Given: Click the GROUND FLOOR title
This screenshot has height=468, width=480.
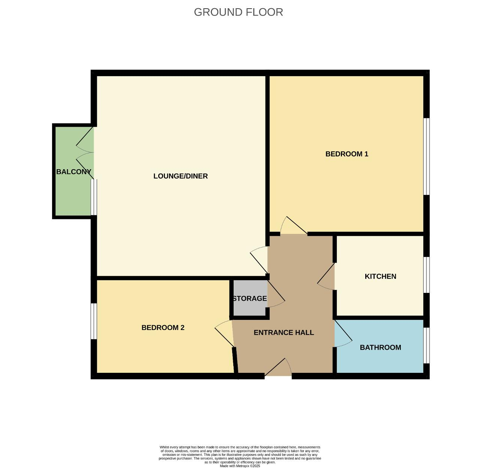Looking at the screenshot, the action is (238, 12).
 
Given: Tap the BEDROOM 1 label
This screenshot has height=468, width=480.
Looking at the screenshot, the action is (346, 154).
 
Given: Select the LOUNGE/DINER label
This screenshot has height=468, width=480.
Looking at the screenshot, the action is (180, 176).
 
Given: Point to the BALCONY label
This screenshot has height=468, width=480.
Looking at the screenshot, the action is (74, 172).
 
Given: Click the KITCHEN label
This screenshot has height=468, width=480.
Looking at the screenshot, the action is (380, 276).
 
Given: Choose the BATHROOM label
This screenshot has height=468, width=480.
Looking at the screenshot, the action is (380, 347).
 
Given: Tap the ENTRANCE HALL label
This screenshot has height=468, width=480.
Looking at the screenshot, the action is (283, 333).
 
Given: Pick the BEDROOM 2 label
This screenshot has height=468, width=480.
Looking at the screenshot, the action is (163, 327).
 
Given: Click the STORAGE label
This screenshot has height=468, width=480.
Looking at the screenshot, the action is (250, 298).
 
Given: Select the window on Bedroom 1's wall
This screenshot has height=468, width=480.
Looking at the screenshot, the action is (426, 156).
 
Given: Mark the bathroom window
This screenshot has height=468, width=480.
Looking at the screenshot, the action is (426, 345).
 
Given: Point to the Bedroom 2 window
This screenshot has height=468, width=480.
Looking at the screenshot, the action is (94, 321).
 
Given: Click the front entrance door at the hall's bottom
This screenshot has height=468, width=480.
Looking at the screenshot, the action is (278, 368).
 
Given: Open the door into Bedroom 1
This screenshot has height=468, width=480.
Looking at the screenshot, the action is (294, 225).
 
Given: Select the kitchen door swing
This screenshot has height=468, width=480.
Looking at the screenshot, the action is (326, 276).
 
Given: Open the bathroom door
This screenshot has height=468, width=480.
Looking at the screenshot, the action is (343, 334).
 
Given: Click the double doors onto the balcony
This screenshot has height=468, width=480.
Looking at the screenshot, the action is (85, 153).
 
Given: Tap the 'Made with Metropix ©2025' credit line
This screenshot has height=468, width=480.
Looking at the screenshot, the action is (240, 466).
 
